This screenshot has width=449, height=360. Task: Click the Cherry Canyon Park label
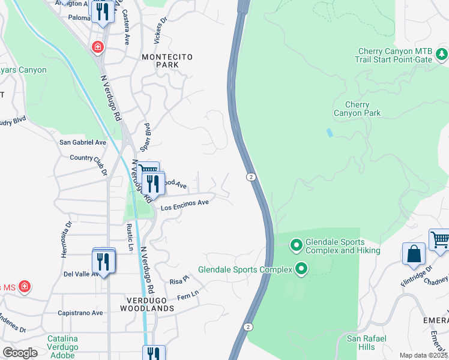[x=357, y=109]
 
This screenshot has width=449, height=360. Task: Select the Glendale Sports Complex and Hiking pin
[x=295, y=245]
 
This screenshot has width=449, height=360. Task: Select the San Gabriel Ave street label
[x=82, y=143]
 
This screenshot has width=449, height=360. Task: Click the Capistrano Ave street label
[x=80, y=313]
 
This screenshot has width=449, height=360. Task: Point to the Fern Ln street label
[x=187, y=296]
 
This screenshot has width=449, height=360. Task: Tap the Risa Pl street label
[x=179, y=280]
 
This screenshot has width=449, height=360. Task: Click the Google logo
[x=20, y=352]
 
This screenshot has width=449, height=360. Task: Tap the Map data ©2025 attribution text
[x=423, y=355]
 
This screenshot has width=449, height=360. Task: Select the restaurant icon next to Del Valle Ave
[x=104, y=262]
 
